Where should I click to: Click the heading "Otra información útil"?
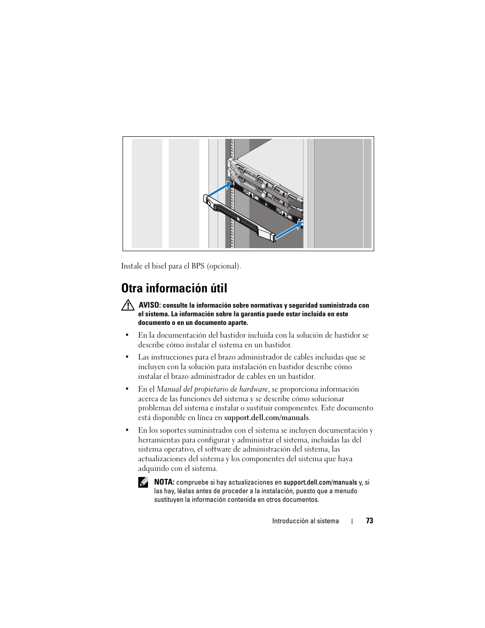click(174, 288)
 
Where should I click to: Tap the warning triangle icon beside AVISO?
click(128, 306)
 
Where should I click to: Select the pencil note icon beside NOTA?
click(143, 483)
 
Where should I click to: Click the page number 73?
click(369, 521)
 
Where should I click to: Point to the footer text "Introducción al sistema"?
click(305, 521)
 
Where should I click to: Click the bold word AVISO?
click(149, 305)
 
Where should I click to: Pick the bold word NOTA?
click(164, 482)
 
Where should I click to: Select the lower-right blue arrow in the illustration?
click(287, 230)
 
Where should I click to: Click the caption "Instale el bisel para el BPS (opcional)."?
click(181, 266)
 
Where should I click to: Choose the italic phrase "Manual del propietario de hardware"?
click(212, 389)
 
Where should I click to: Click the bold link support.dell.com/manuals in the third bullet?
click(266, 417)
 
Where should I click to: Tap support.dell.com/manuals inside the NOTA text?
click(320, 482)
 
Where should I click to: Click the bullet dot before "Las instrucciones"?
click(127, 357)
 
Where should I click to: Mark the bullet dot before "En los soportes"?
click(127, 431)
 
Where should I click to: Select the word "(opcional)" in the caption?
click(224, 266)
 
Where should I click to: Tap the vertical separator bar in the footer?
click(352, 521)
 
